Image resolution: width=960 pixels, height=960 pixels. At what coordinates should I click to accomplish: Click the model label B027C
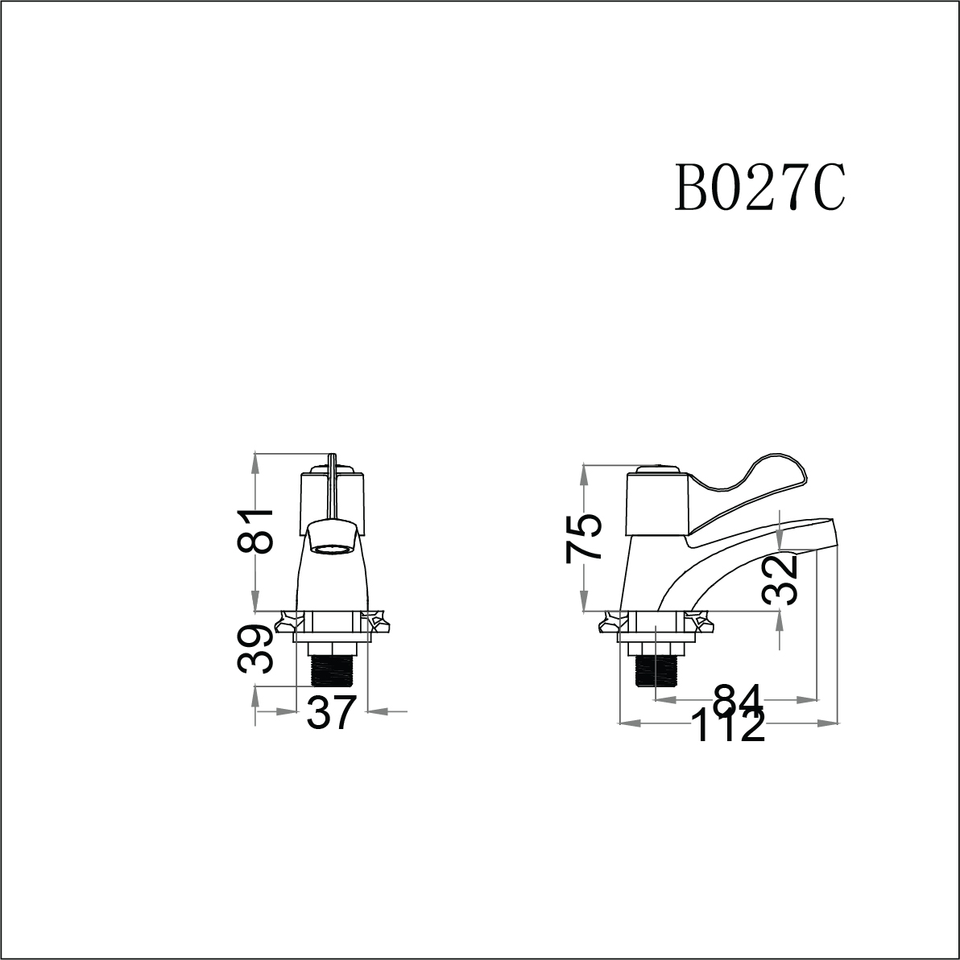pyautogui.click(x=759, y=187)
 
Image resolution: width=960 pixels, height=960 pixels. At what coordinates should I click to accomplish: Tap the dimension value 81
pyautogui.click(x=254, y=532)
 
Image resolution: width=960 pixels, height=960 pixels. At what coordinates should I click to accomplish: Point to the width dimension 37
pyautogui.click(x=331, y=712)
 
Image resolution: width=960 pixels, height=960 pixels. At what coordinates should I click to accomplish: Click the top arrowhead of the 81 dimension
pyautogui.click(x=256, y=459)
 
